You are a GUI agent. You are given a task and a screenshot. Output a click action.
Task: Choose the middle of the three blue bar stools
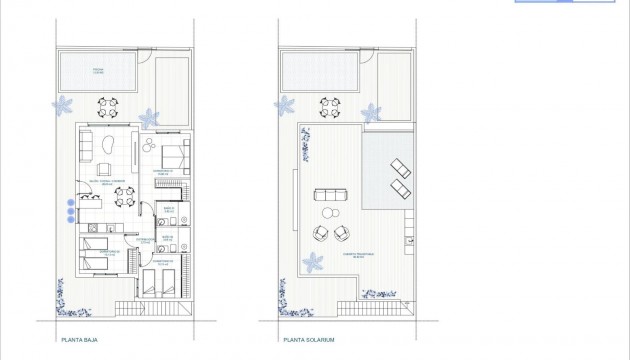[69, 211]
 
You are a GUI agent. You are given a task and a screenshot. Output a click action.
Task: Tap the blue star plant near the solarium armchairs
[311, 263]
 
